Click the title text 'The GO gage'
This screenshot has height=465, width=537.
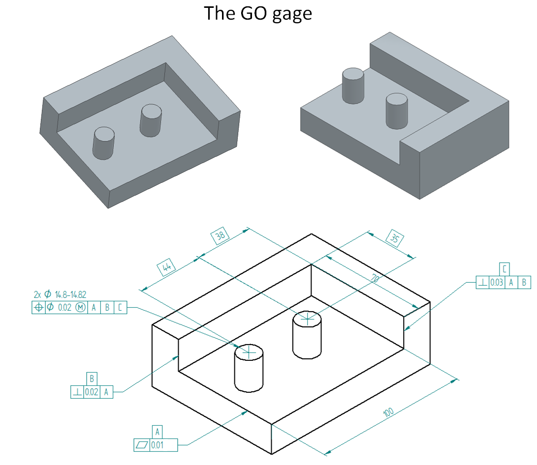click(x=258, y=13)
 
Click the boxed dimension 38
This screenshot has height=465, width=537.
click(x=220, y=235)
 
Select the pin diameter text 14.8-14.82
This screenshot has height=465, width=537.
click(x=70, y=295)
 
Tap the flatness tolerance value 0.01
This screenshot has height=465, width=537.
click(x=158, y=445)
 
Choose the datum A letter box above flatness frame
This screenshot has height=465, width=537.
click(x=158, y=432)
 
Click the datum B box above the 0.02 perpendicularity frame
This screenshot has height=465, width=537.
click(x=92, y=378)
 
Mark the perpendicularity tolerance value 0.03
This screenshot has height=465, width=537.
click(x=497, y=282)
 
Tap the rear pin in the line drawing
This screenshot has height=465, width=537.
click(x=307, y=337)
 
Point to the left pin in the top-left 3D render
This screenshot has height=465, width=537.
click(x=104, y=143)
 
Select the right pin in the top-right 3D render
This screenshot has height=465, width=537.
click(x=397, y=111)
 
